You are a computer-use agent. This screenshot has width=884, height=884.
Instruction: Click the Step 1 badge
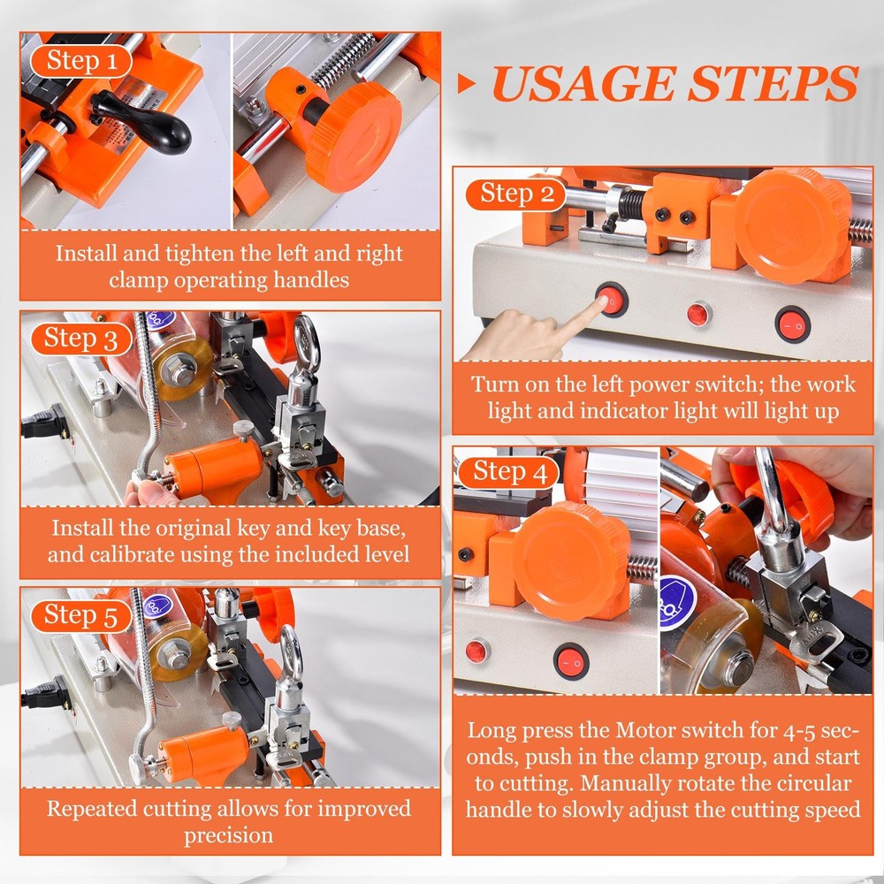point(80,61)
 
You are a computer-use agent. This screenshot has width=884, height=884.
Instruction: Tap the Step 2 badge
point(517,194)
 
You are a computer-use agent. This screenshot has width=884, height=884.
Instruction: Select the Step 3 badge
point(81,339)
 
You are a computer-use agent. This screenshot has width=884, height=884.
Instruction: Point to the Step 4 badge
point(516,471)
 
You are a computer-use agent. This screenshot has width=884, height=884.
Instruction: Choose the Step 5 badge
point(81,615)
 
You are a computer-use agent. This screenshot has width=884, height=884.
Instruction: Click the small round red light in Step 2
point(698,313)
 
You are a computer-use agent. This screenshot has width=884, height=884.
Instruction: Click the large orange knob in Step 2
point(791,225)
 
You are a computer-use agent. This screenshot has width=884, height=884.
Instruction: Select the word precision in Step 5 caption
point(228,835)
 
